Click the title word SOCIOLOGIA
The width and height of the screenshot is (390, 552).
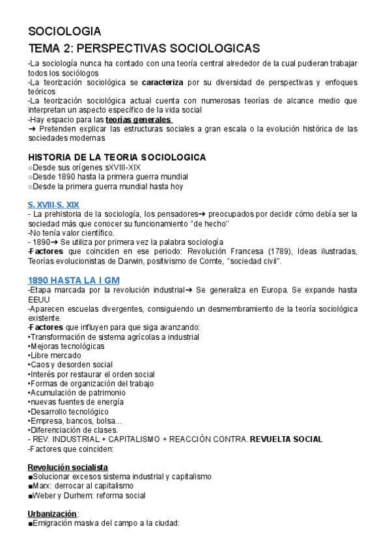[x=64, y=31]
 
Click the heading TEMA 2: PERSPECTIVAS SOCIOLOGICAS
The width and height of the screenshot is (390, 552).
[x=144, y=49]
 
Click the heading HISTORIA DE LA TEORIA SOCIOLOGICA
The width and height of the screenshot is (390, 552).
[x=117, y=158]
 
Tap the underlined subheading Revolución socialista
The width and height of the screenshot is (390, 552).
[x=68, y=467]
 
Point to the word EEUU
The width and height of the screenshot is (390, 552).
[x=40, y=299]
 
